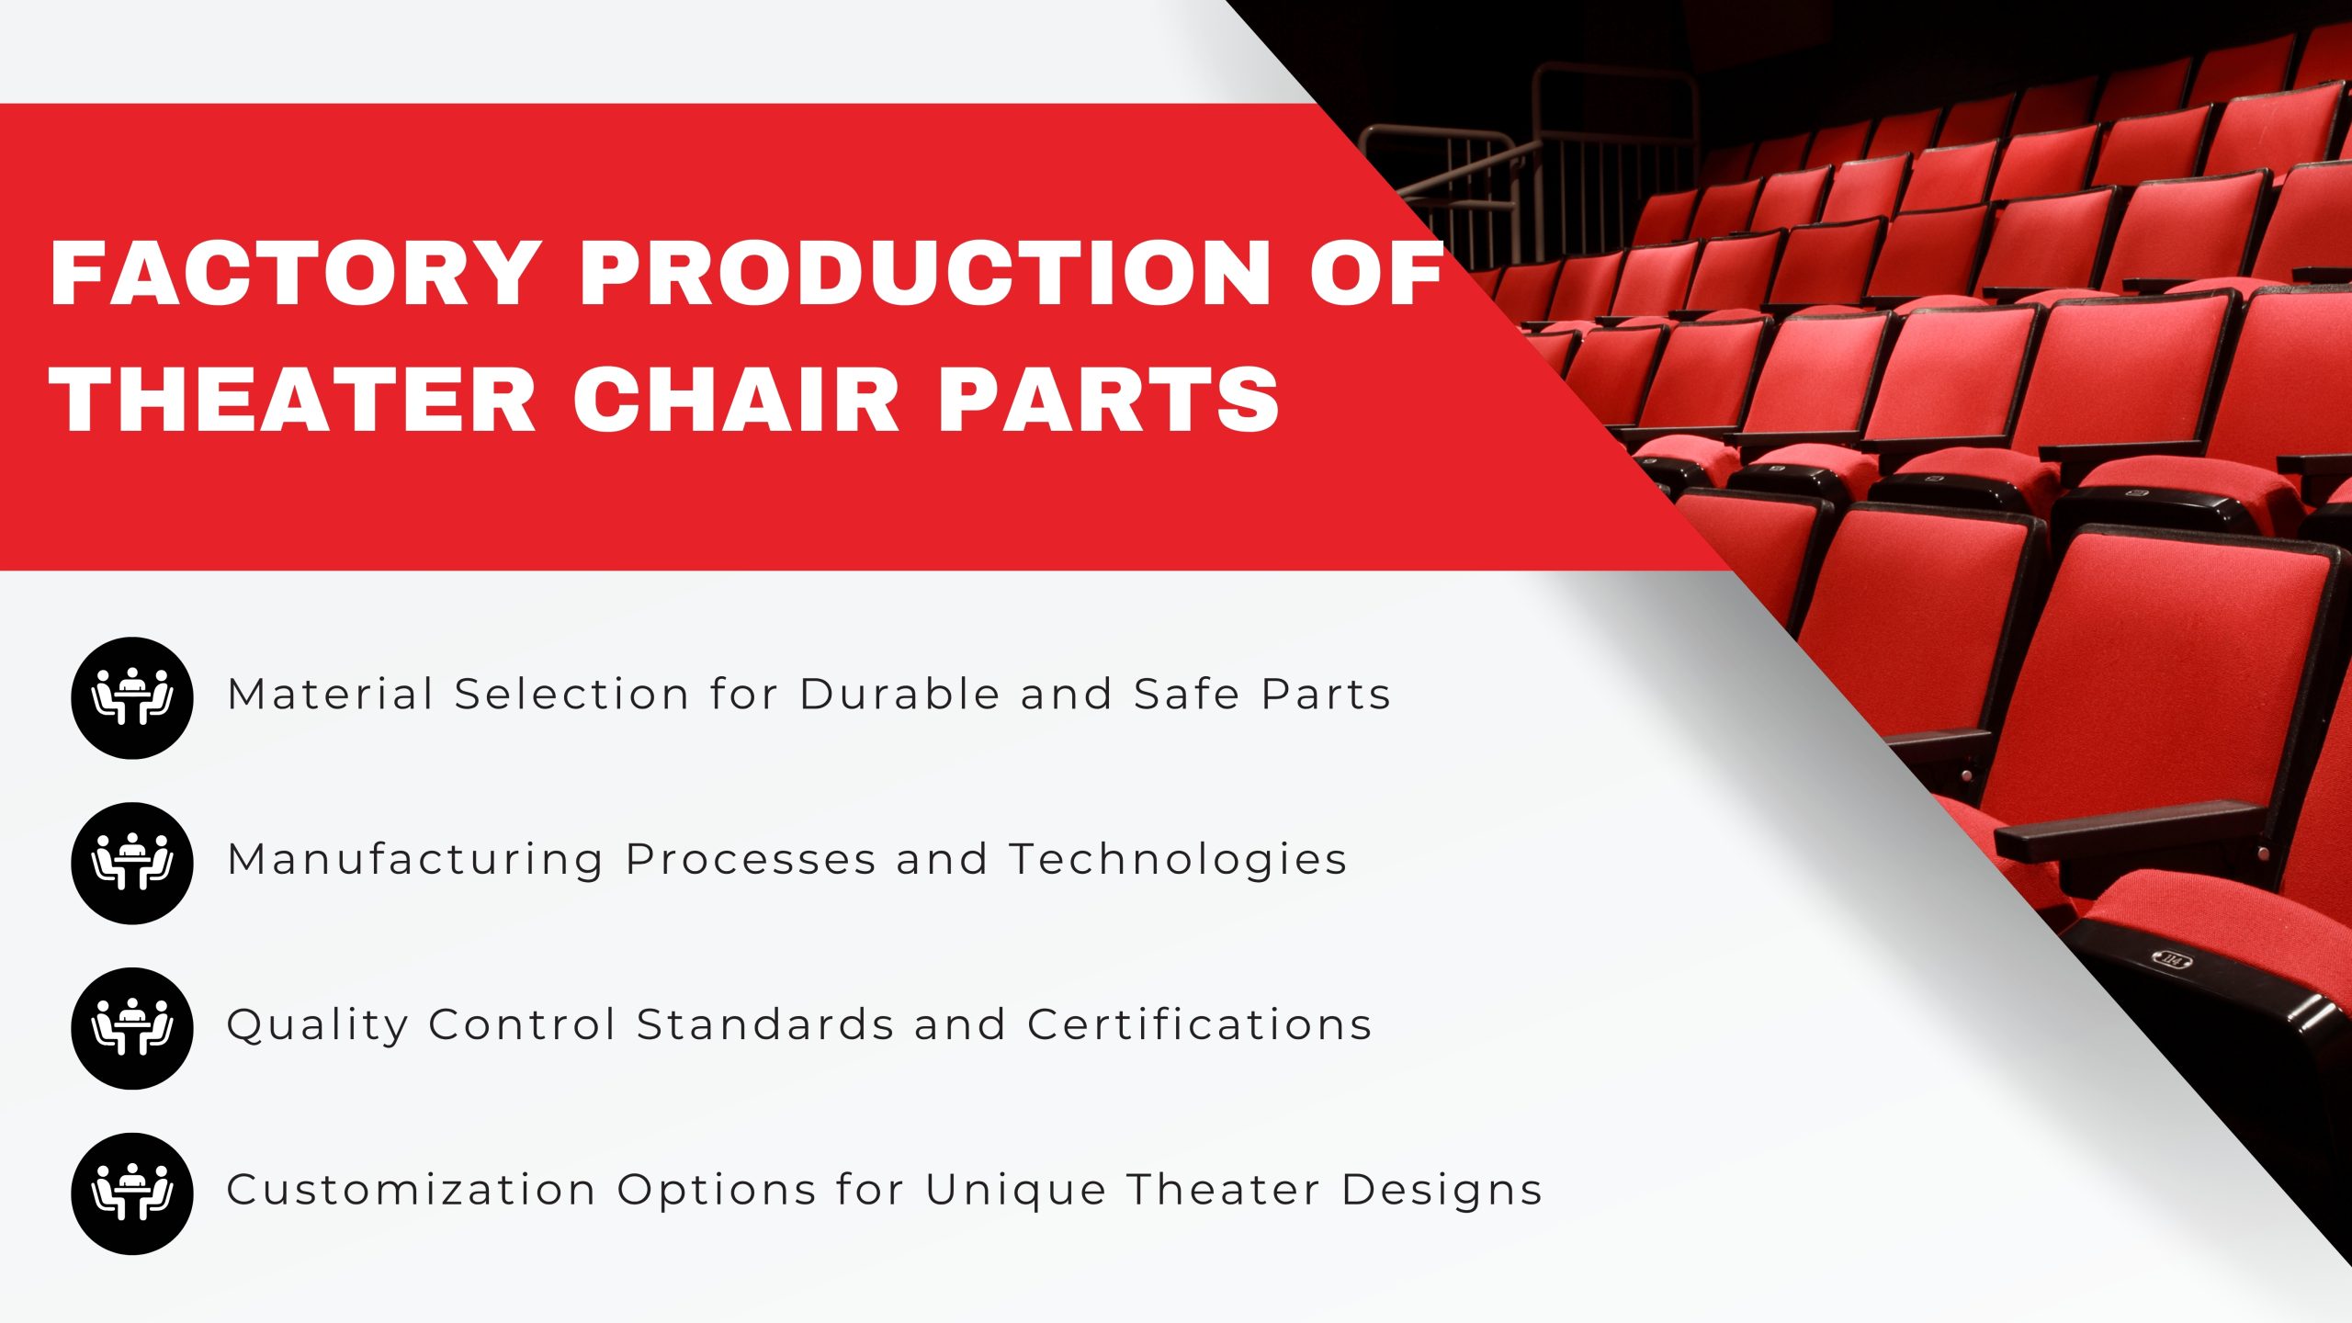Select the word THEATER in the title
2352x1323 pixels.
[294, 400]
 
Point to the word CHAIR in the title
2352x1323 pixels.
[735, 400]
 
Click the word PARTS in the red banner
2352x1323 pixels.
[1107, 400]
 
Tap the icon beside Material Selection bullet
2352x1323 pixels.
[132, 698]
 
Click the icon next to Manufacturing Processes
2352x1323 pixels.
[132, 864]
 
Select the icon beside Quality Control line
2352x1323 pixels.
[132, 1029]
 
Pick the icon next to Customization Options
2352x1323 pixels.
[132, 1193]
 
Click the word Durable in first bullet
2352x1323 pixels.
[899, 694]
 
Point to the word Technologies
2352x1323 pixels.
[1179, 861]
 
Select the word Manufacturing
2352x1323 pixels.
[415, 861]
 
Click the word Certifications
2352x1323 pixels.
[1199, 1024]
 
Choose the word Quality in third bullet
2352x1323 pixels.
[318, 1026]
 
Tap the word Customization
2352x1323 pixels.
[411, 1190]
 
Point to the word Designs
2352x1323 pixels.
[1441, 1192]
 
